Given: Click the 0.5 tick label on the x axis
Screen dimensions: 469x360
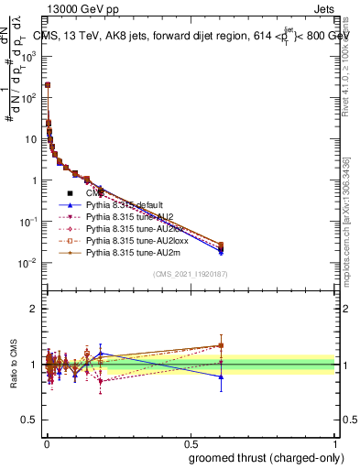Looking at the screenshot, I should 191,442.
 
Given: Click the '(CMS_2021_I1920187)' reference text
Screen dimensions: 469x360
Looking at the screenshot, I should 191,274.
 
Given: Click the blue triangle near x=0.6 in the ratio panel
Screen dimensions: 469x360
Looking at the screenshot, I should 220,376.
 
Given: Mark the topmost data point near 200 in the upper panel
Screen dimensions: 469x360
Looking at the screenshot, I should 48,84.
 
